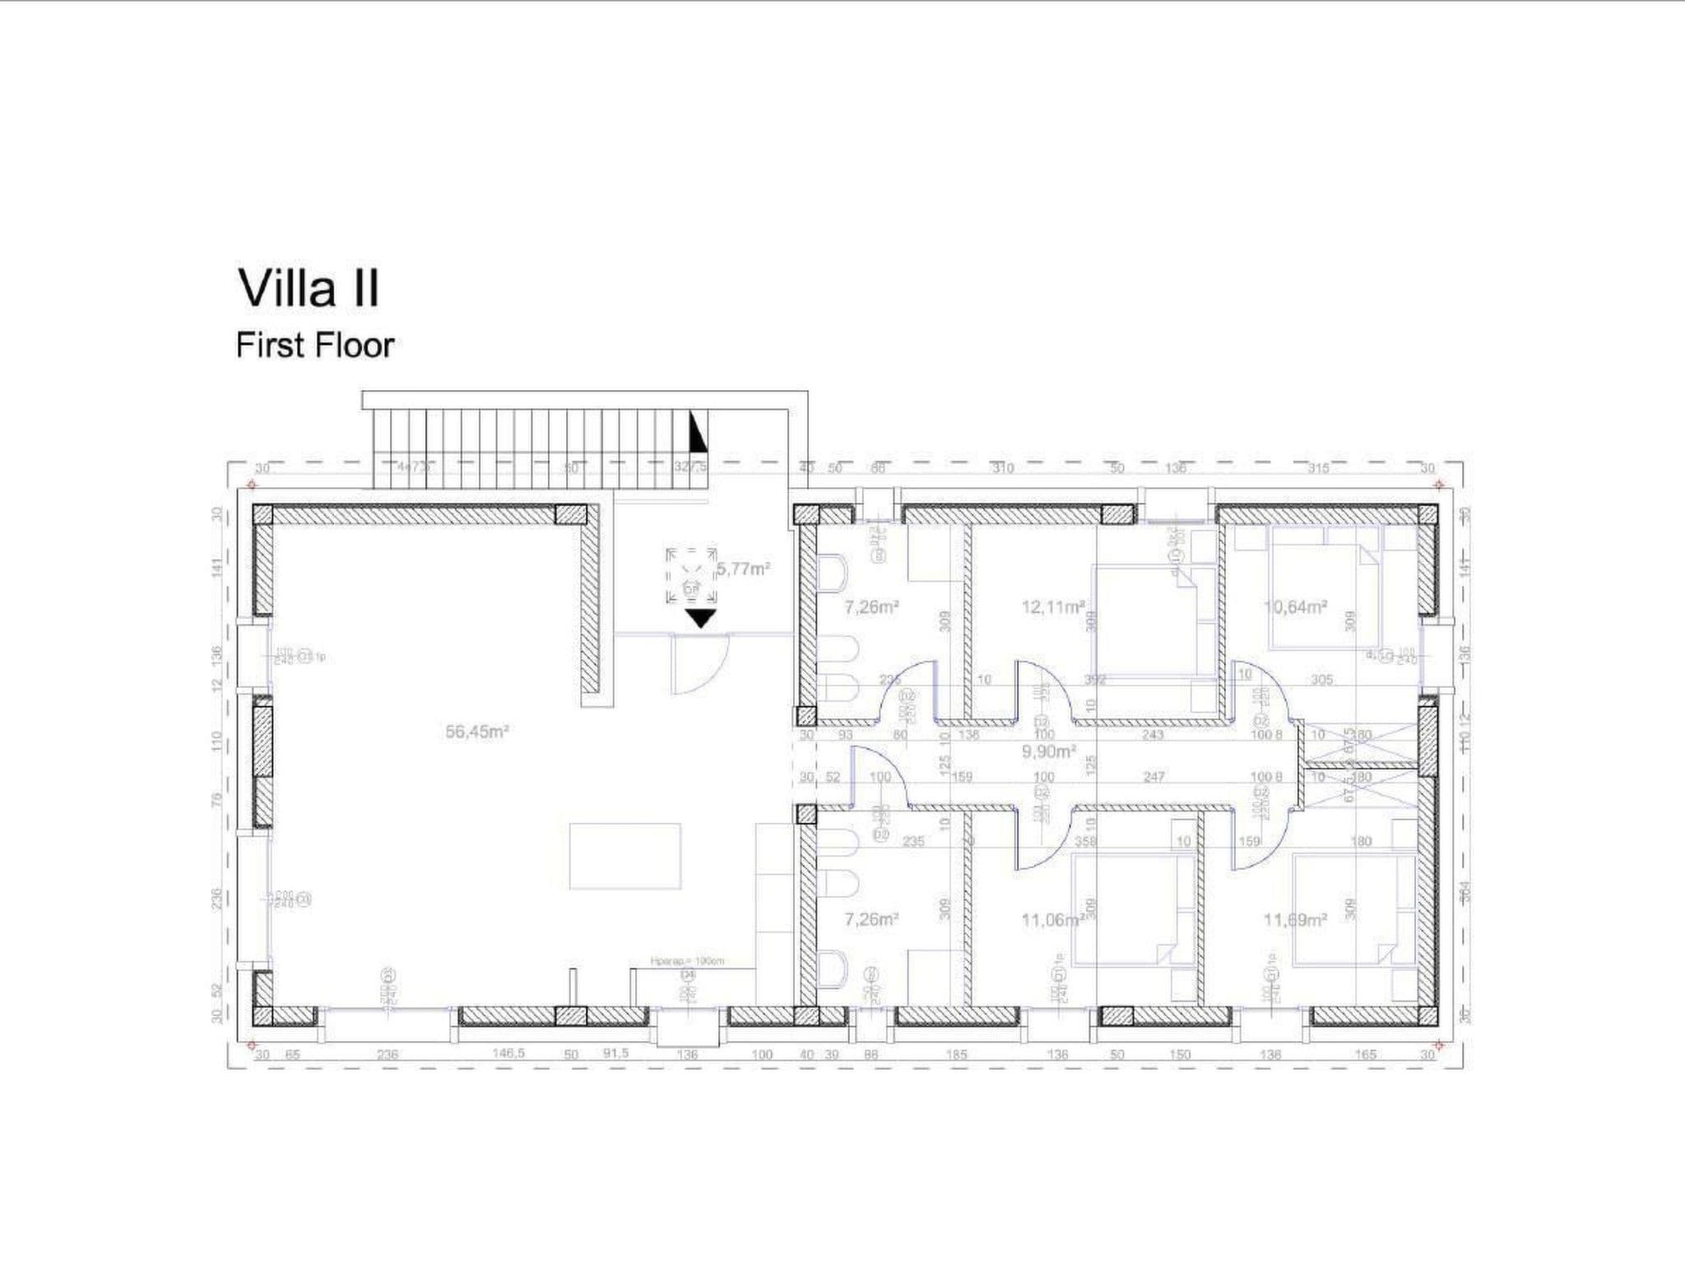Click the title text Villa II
(x=309, y=289)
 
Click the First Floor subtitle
(x=315, y=346)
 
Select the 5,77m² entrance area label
(x=743, y=569)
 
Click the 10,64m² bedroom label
(x=1295, y=607)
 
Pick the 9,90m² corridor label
(x=1049, y=751)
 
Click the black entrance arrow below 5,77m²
(x=701, y=618)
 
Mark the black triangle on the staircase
(x=697, y=432)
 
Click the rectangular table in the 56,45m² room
(x=625, y=856)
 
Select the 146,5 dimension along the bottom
(x=508, y=1053)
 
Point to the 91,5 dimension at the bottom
(x=615, y=1053)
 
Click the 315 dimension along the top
(x=1318, y=468)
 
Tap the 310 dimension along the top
(x=1002, y=468)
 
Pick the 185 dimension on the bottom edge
(x=956, y=1054)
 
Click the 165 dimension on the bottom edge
(x=1365, y=1054)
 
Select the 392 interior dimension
(x=1095, y=680)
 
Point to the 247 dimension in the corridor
(x=1154, y=776)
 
